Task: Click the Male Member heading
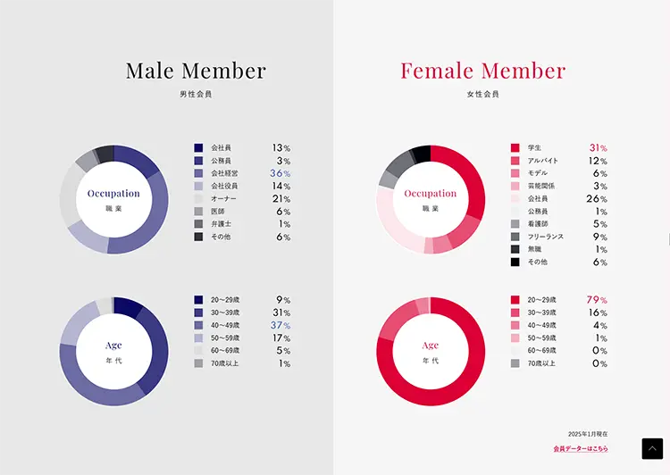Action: (196, 71)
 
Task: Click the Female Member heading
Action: (482, 71)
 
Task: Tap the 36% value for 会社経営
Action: (281, 173)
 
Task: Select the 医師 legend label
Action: (219, 212)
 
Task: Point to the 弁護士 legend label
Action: (222, 224)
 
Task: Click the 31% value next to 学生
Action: (598, 148)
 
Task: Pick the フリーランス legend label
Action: (544, 237)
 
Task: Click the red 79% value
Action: (597, 301)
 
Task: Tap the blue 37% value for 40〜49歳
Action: (281, 326)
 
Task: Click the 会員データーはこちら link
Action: (581, 448)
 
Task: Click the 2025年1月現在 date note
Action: (588, 433)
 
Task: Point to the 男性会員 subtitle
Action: (196, 93)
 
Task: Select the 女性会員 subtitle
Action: (482, 93)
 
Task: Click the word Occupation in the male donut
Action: (113, 193)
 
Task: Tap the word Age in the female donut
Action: (431, 345)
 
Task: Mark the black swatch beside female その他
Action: (515, 262)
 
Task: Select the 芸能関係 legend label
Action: (541, 186)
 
